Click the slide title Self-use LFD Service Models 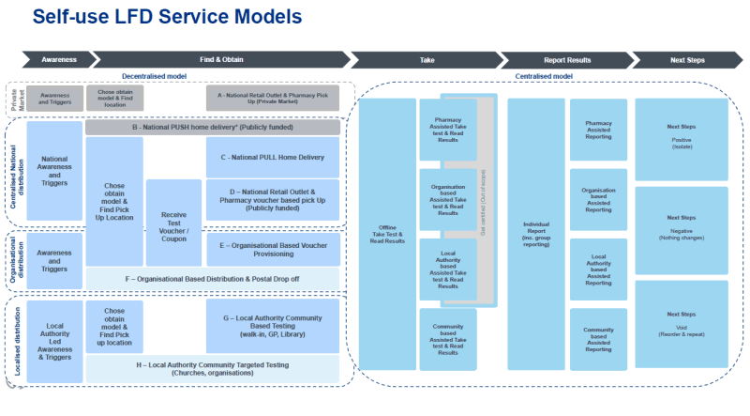(x=167, y=17)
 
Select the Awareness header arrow (x=57, y=59)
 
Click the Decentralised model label (x=157, y=75)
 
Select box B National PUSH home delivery (x=213, y=127)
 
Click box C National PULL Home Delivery (x=272, y=157)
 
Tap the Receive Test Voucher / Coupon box (x=174, y=223)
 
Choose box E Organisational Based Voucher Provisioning (x=272, y=250)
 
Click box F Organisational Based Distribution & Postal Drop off (x=213, y=279)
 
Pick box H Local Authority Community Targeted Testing (x=213, y=368)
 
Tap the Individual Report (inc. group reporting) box (x=535, y=234)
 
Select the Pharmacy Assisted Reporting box (x=598, y=130)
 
